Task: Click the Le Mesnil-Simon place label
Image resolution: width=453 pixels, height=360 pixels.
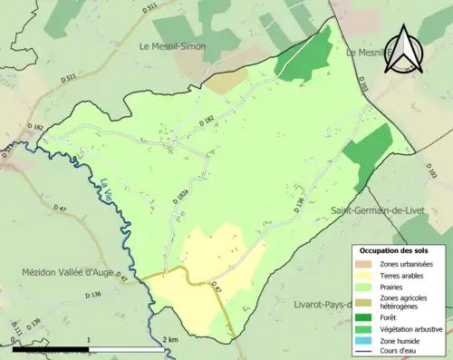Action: (172, 45)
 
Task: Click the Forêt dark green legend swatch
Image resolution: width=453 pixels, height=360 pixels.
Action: (366, 316)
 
